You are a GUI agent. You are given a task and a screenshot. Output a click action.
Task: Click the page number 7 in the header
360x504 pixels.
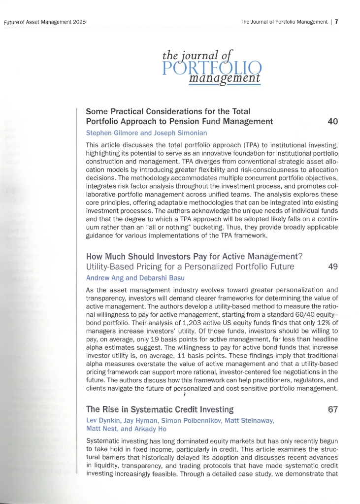point(336,22)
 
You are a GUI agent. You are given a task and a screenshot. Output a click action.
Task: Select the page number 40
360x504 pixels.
point(332,121)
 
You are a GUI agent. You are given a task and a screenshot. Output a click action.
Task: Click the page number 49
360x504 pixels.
point(332,267)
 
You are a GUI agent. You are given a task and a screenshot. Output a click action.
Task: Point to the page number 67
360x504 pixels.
point(332,409)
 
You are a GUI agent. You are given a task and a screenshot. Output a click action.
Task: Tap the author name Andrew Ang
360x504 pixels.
point(102,278)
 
